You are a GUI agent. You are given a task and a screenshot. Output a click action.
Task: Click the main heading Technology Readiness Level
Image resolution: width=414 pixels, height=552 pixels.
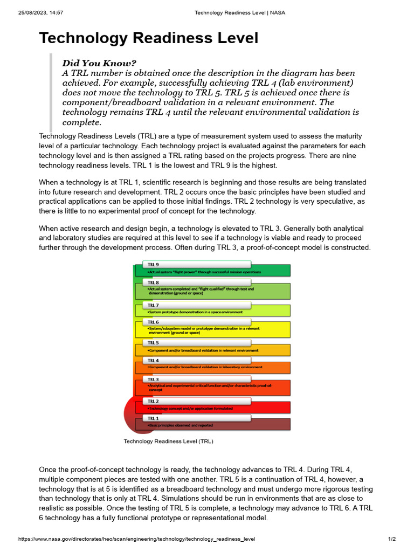[x=148, y=38]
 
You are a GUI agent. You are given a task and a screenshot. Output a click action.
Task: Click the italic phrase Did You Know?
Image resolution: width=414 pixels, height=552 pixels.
[x=99, y=63]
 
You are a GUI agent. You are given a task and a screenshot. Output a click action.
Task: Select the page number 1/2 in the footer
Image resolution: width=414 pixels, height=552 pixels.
[x=392, y=539]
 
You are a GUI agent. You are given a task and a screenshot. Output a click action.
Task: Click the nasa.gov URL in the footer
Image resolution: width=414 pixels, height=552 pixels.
[x=136, y=539]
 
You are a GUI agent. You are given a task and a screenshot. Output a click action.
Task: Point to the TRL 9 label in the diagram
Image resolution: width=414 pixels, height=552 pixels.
[x=154, y=265]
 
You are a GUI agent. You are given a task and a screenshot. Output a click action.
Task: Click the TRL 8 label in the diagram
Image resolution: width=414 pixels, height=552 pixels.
[x=154, y=282]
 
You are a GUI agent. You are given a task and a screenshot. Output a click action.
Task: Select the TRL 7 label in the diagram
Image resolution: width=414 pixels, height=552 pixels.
[x=154, y=305]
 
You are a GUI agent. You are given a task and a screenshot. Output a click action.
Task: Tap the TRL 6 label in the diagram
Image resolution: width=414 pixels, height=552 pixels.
[x=154, y=321]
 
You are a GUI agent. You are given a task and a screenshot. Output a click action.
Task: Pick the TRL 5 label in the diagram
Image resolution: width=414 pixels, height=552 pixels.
[x=154, y=343]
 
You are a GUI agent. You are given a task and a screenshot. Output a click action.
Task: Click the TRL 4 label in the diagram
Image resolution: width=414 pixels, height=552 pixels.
[x=154, y=360]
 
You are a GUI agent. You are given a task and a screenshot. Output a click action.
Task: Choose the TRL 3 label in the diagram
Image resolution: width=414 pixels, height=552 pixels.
[x=154, y=379]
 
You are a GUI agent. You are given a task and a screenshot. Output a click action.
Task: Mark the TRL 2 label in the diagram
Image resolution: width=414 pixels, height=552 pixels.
[x=154, y=402]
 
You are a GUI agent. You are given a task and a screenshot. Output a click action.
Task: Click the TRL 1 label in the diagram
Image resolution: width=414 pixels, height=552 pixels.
[x=154, y=418]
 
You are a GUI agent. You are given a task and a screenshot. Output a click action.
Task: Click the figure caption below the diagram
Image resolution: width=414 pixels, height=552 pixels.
[x=168, y=441]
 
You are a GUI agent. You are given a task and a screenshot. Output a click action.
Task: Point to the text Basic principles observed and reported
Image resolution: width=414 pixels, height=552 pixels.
[x=181, y=425]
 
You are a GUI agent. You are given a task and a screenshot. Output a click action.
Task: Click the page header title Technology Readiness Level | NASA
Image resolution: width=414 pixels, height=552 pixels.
[x=239, y=12]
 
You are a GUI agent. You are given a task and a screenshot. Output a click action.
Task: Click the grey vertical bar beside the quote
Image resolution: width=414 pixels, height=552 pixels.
[x=51, y=92]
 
